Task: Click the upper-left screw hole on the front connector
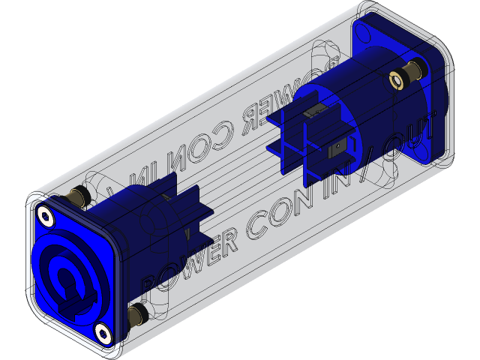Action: pos(47,217)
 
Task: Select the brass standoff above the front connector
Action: pos(76,197)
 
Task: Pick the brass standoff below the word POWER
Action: pos(137,314)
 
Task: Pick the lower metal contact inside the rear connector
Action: pos(341,147)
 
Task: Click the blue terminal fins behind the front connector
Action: pos(180,202)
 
